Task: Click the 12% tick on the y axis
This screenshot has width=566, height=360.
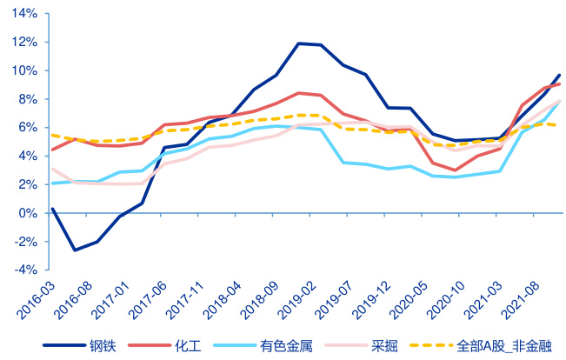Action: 25,43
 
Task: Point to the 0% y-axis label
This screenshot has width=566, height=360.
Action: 28,213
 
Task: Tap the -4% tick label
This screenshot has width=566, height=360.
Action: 25,270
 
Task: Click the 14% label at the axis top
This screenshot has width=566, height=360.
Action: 25,14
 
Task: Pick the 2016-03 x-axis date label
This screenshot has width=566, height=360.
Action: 35,295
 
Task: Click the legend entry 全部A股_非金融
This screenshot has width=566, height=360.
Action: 504,344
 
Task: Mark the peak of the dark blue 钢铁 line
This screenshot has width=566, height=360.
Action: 298,43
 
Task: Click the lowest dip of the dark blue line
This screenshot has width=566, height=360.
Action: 75,250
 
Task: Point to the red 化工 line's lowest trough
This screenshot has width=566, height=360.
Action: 455,170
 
